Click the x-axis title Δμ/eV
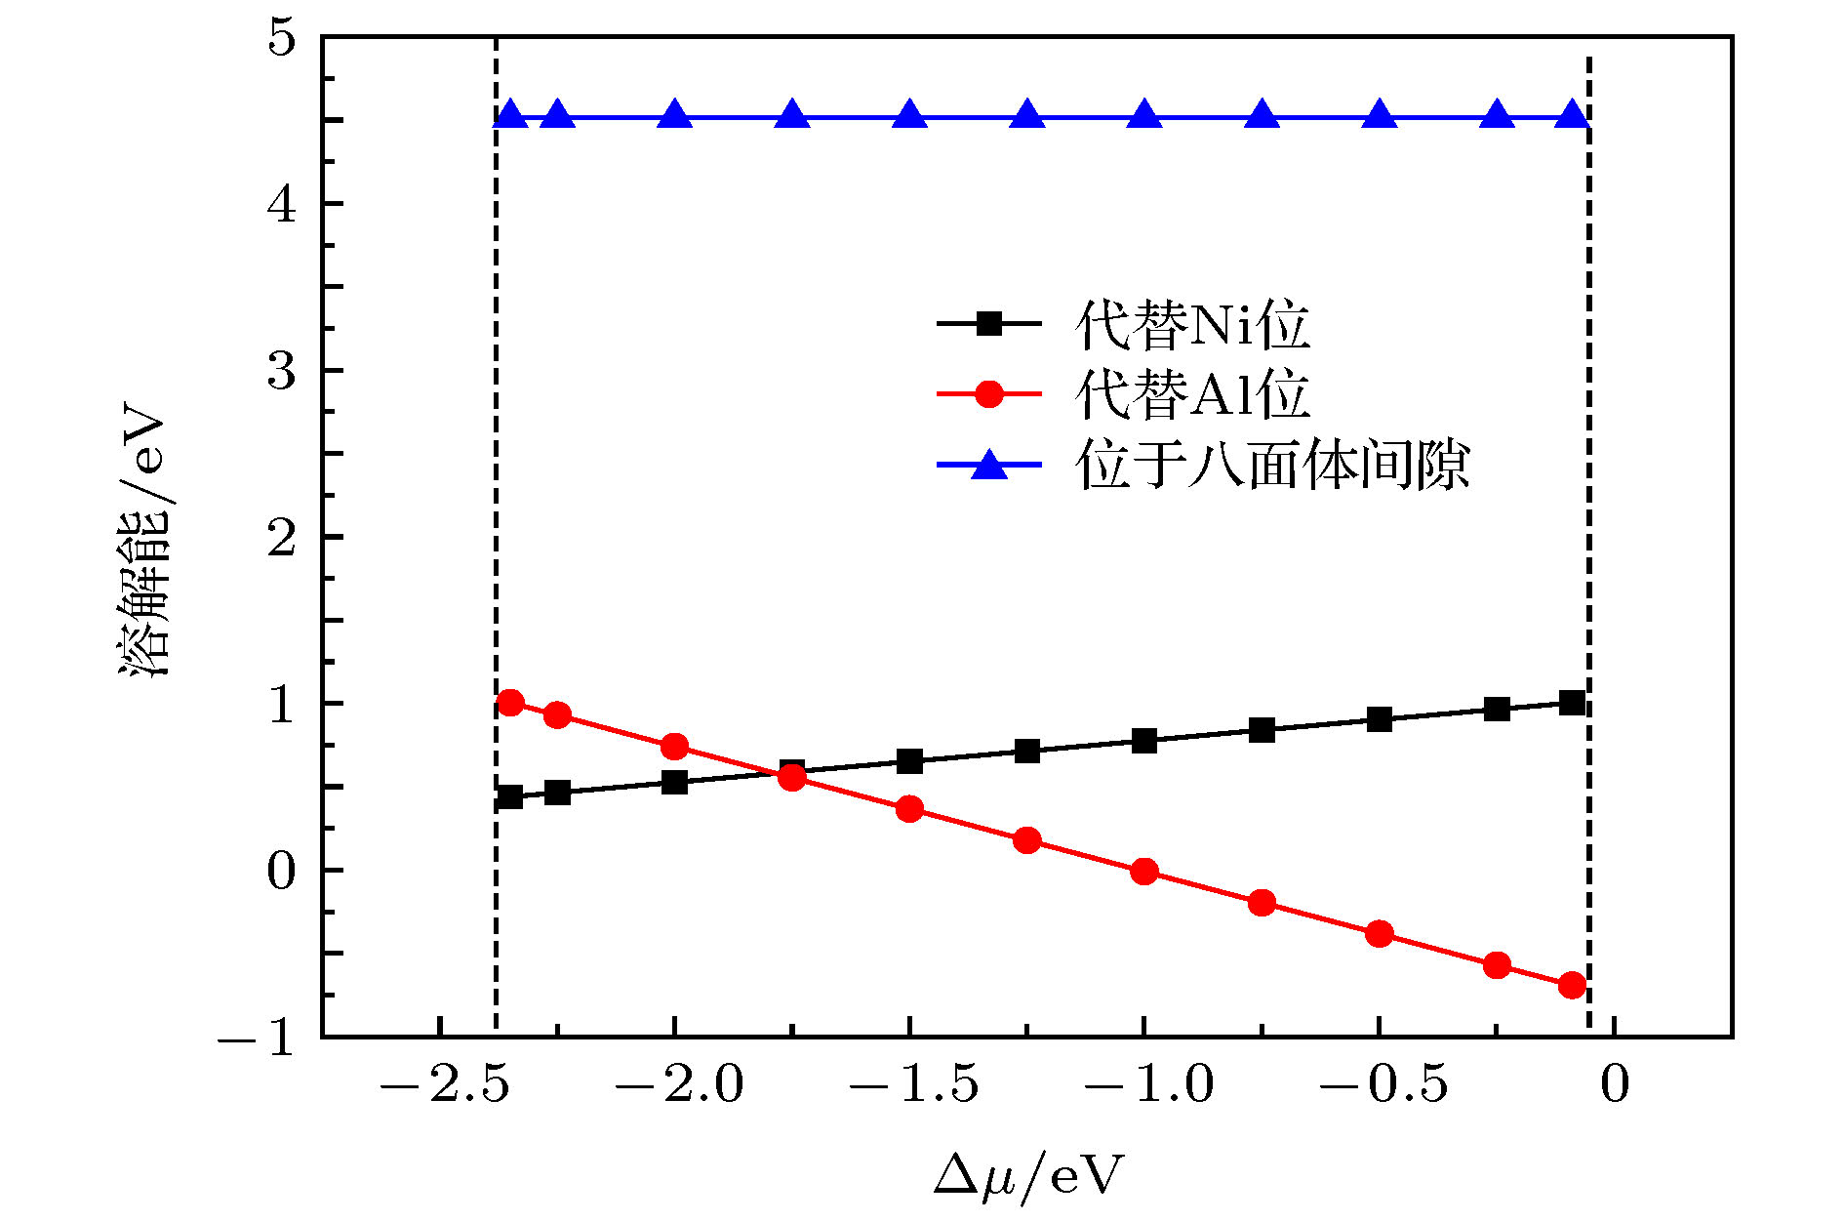(1027, 1174)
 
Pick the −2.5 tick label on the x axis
(444, 1085)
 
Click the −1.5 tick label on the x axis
(913, 1085)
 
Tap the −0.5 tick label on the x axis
(1383, 1085)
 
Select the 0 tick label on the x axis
(1615, 1085)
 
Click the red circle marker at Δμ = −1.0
(1144, 872)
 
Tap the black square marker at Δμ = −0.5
(1379, 720)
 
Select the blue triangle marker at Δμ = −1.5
(909, 115)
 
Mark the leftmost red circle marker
(509, 703)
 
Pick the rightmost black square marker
(1572, 703)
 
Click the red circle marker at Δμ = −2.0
(674, 747)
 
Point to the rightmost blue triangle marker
(1572, 115)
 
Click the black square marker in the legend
(989, 324)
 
